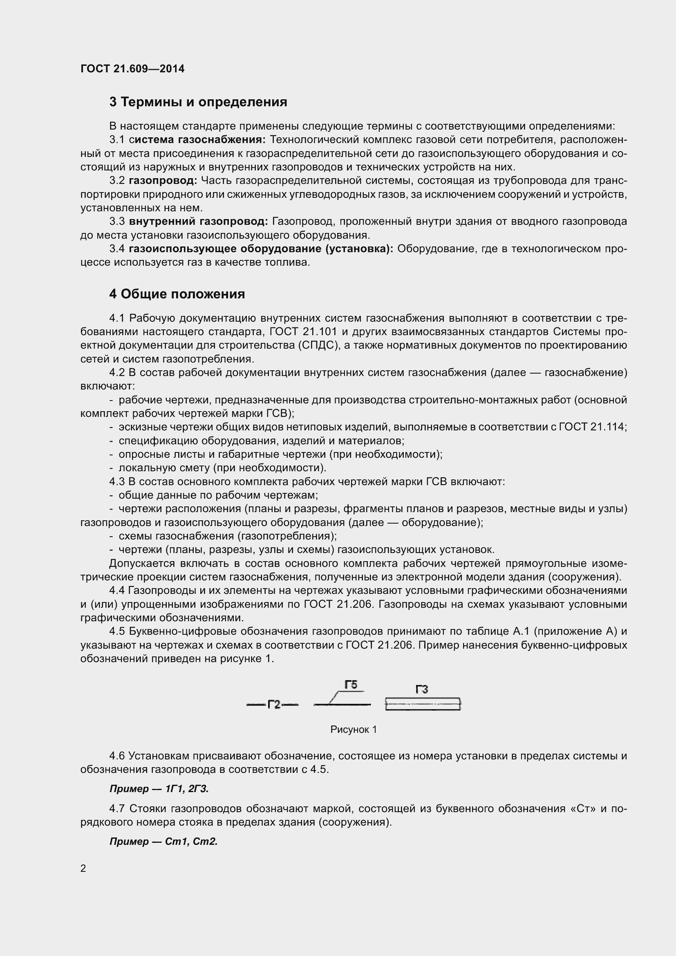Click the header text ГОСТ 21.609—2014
[x=132, y=69]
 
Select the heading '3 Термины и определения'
[x=198, y=102]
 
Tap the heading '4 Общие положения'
[x=177, y=294]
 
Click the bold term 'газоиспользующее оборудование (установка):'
[x=261, y=249]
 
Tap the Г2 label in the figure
[x=273, y=705]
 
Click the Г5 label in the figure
[x=351, y=685]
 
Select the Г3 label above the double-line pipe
[x=422, y=690]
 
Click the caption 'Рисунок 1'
[x=354, y=730]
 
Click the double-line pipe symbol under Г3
[x=423, y=704]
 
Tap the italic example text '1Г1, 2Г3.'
[x=187, y=788]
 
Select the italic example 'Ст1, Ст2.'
[x=191, y=842]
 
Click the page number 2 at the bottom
[x=83, y=869]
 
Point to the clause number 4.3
[x=117, y=482]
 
